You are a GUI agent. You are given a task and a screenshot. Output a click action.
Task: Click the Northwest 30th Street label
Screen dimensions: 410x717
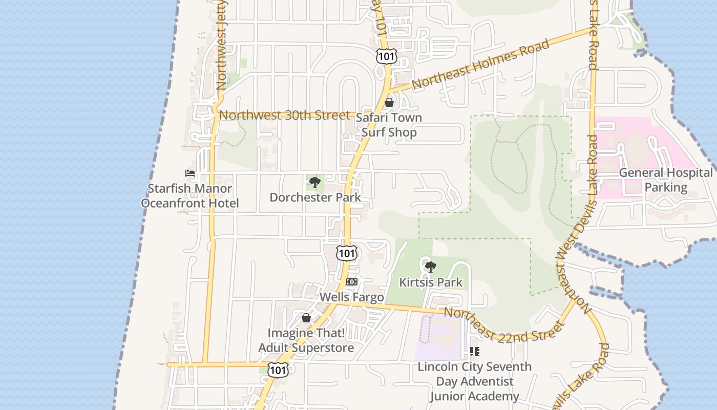[284, 115]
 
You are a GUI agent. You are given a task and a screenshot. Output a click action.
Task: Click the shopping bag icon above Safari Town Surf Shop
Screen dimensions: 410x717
[389, 102]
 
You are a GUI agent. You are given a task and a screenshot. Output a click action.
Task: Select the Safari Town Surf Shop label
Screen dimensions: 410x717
[389, 125]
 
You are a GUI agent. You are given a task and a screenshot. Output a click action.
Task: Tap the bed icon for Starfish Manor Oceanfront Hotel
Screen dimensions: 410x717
[190, 174]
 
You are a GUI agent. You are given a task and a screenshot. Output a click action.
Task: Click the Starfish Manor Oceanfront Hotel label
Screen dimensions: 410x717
[190, 196]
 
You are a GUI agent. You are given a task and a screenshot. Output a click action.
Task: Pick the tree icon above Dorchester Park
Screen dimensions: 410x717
[315, 182]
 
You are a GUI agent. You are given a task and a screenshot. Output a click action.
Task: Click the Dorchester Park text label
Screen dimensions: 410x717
[315, 197]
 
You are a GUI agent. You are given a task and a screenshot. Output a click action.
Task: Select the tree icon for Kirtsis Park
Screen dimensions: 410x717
[431, 266]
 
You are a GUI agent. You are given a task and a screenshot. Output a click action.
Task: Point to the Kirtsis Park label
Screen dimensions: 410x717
[431, 282]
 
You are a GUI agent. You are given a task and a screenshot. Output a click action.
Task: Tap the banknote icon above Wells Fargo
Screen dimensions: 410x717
[352, 282]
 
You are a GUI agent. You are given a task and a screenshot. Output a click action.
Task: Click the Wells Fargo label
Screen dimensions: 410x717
[352, 297]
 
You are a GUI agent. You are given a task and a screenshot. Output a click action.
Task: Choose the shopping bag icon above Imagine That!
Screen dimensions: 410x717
[306, 318]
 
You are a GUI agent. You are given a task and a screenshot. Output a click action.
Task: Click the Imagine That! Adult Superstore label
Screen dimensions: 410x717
[306, 340]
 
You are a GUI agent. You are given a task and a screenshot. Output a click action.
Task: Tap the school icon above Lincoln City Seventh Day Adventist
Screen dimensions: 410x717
[475, 352]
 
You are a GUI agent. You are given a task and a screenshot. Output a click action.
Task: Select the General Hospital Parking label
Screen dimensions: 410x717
[666, 180]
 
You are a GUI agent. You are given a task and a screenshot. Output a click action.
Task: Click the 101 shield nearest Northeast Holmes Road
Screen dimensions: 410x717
[386, 56]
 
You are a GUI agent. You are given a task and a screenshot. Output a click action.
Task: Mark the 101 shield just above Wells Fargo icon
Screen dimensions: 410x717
[347, 253]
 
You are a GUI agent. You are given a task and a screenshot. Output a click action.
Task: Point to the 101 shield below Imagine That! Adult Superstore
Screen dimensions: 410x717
[278, 370]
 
